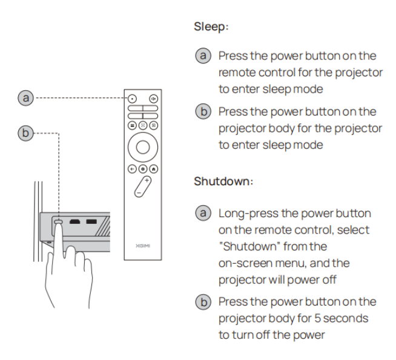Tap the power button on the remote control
[x=131, y=97]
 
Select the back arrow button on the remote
[x=131, y=171]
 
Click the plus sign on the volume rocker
[x=145, y=180]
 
